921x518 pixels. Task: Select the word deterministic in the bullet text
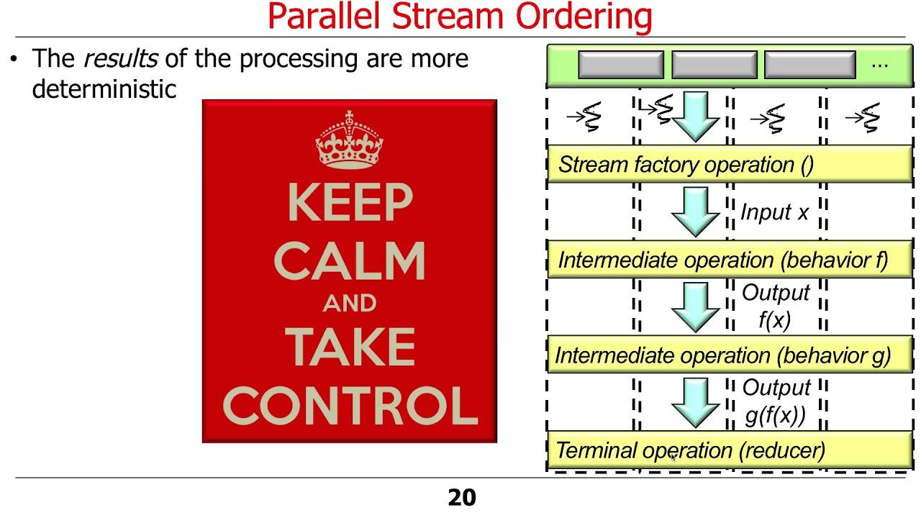tap(104, 88)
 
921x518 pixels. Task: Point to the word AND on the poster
tap(350, 303)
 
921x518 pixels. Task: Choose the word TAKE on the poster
tap(350, 346)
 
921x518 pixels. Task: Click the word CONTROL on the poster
tap(350, 405)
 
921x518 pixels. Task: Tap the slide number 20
tap(461, 497)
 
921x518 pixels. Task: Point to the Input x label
tap(774, 212)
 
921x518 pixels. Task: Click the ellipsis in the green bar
tap(879, 64)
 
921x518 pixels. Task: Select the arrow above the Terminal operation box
tap(695, 403)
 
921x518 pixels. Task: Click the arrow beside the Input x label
tap(695, 212)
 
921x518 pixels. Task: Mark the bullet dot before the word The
tap(14, 59)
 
